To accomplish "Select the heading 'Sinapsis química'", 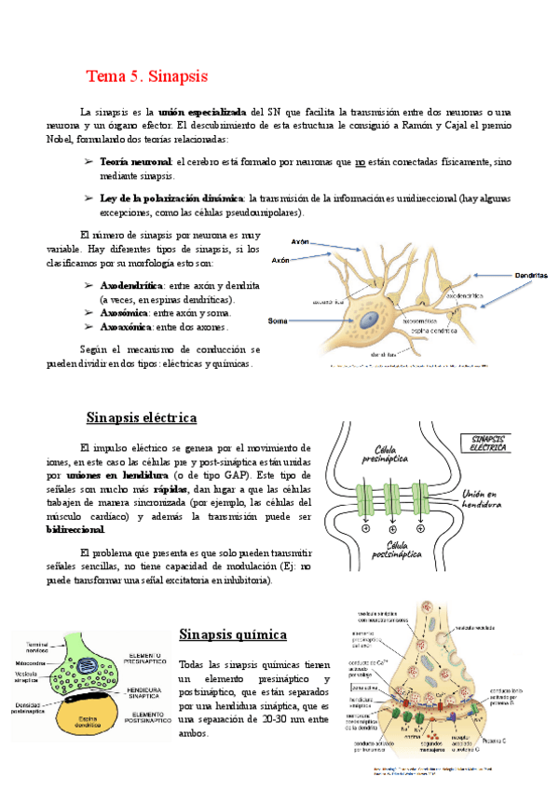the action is coord(232,634).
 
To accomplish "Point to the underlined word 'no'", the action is coord(361,162).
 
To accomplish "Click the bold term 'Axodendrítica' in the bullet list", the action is coord(131,286).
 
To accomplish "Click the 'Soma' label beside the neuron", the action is coord(277,320).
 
